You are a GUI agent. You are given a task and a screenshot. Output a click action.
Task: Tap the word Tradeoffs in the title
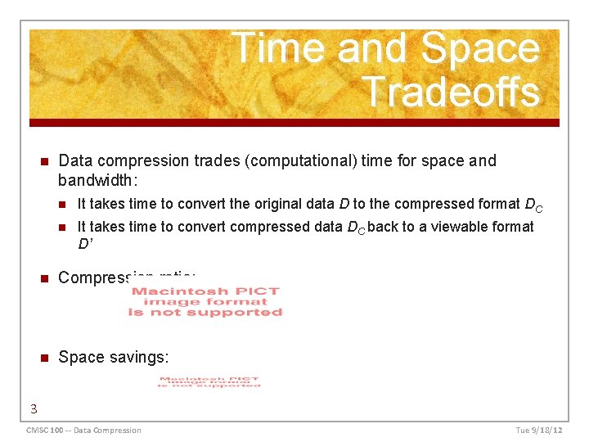pyautogui.click(x=450, y=92)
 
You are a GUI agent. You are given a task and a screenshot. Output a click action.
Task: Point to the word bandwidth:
pyautogui.click(x=94, y=178)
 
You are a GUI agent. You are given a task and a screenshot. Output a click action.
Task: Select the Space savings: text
pyautogui.click(x=114, y=357)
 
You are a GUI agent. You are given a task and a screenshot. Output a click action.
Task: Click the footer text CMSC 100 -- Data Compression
pyautogui.click(x=83, y=431)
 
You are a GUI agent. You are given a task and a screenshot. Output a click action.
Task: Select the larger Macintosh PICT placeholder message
pyautogui.click(x=205, y=301)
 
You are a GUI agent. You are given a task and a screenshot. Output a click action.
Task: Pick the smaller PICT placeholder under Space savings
pyautogui.click(x=209, y=382)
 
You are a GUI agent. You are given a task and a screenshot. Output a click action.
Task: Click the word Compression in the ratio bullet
pyautogui.click(x=98, y=277)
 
